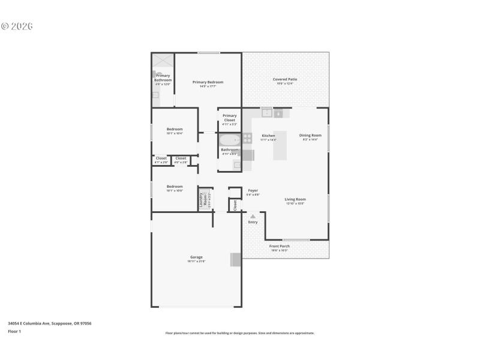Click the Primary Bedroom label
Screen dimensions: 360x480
(x=208, y=82)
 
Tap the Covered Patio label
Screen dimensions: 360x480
(x=284, y=79)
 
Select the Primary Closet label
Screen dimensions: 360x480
(x=229, y=118)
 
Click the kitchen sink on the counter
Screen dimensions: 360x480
(x=266, y=112)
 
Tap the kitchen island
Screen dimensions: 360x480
(x=280, y=145)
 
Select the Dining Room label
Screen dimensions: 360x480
(x=310, y=135)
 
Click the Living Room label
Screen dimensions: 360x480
(x=295, y=199)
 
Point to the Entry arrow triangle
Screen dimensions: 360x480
(x=253, y=216)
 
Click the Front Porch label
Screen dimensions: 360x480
(x=279, y=246)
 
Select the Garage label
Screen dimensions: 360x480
(x=196, y=257)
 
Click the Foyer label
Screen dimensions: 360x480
(x=253, y=190)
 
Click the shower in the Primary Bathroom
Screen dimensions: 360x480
(x=162, y=62)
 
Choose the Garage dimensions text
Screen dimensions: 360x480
(x=196, y=262)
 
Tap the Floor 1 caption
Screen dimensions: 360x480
(x=14, y=331)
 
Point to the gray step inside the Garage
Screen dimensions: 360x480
(x=236, y=259)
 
